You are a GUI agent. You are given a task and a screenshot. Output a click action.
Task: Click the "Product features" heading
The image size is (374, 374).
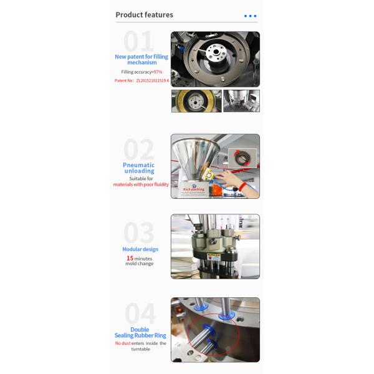click(145, 15)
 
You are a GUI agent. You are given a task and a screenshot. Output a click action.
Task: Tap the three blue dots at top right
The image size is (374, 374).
click(250, 16)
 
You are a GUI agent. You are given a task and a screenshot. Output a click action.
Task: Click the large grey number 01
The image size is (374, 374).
click(138, 42)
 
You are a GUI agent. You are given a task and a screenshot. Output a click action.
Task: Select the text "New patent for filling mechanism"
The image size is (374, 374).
click(141, 59)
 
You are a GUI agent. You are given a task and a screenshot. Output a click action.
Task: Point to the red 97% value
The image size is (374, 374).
click(158, 72)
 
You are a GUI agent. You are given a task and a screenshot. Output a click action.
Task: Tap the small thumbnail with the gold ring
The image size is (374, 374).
click(196, 101)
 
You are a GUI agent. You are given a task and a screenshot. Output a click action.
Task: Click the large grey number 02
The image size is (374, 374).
click(138, 150)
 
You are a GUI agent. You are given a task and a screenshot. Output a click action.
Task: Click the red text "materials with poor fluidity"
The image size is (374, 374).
click(141, 185)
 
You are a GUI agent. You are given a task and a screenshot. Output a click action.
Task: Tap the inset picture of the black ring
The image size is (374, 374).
click(241, 158)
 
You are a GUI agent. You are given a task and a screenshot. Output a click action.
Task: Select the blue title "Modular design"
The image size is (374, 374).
click(140, 249)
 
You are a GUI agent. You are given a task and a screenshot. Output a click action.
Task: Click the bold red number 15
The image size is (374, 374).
click(130, 258)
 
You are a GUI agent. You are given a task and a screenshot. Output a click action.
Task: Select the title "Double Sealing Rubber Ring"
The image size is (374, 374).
click(140, 332)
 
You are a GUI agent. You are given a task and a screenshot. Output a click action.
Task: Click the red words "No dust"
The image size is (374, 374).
click(123, 343)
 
